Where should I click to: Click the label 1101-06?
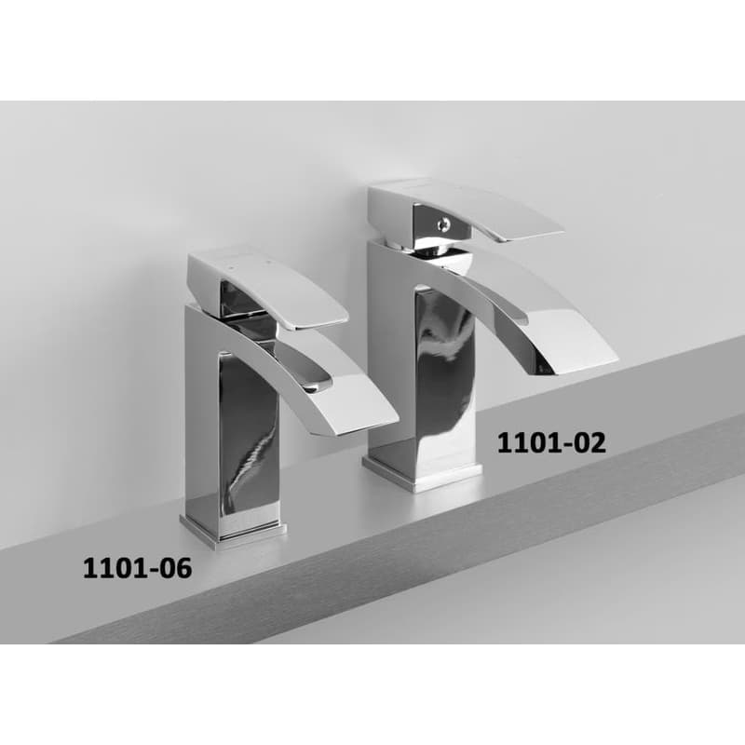pyautogui.click(x=137, y=568)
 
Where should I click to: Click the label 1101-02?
pyautogui.click(x=551, y=443)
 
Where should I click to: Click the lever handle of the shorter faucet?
pyautogui.click(x=268, y=288)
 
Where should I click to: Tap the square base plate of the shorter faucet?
pyautogui.click(x=234, y=533)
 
